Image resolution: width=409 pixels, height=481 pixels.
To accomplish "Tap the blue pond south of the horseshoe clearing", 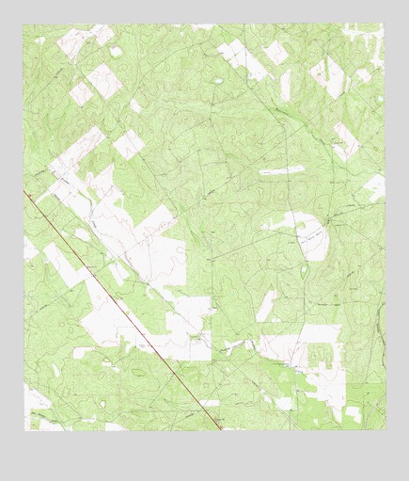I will point(306,272).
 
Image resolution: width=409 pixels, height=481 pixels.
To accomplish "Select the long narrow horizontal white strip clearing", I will point(281,171).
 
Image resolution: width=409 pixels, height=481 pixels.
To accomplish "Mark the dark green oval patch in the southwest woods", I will point(140,373).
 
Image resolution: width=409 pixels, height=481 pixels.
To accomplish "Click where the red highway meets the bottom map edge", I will point(220,429).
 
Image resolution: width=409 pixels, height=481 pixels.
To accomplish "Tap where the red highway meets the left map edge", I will point(25,192).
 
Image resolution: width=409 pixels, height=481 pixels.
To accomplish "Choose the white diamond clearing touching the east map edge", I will point(374,186).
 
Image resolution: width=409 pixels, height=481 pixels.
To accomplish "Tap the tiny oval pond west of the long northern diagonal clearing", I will point(218,81).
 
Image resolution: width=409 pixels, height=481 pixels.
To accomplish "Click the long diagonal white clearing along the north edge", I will point(242,59).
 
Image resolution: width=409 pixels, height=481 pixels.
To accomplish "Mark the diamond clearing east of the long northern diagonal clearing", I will point(275,52).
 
